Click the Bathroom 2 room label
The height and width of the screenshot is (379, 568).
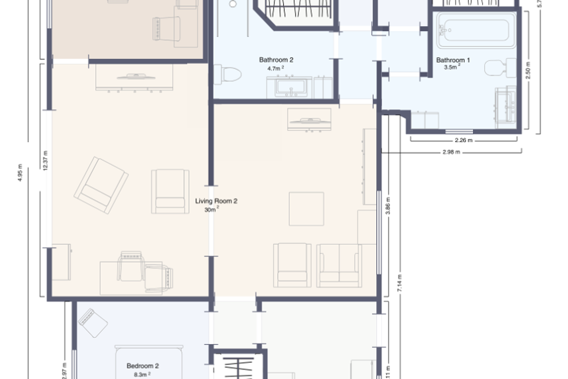point(276,60)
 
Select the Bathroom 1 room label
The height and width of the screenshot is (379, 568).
point(453,60)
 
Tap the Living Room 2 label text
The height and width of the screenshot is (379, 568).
point(216,201)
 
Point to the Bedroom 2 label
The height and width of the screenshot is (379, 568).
point(142,366)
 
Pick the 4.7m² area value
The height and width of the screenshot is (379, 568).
point(275,68)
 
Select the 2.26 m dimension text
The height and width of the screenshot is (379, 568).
point(463,140)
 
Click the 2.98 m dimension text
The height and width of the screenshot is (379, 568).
point(451,152)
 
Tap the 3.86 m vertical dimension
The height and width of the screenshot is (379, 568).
point(388,206)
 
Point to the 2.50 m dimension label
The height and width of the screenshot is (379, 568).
point(528,70)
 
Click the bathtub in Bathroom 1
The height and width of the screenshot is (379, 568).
point(476,30)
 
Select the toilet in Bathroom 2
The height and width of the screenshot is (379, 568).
point(228,74)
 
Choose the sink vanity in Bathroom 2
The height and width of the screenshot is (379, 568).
point(289,87)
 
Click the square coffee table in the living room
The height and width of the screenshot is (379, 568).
point(307,209)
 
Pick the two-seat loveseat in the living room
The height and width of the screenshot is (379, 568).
point(339,266)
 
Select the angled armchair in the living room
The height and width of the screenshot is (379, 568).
point(101,185)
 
